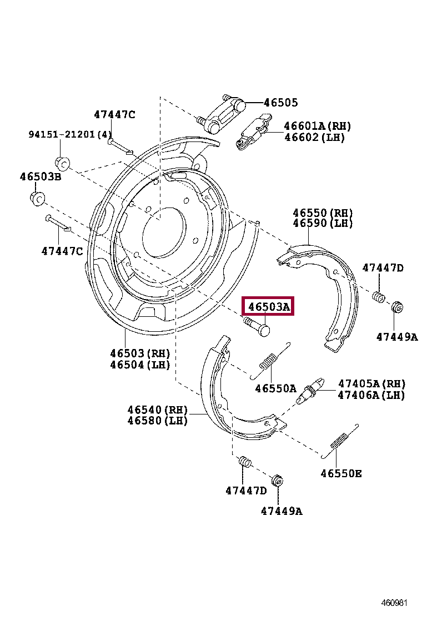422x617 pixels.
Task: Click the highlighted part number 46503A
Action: pos(269,306)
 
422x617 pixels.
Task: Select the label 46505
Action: pos(280,103)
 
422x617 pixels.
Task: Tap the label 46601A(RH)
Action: pos(317,127)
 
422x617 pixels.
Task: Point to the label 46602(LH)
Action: pos(314,138)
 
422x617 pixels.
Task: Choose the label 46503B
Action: pos(41,177)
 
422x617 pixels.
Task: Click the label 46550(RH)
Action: pos(323,213)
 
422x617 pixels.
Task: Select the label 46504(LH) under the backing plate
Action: pos(139,365)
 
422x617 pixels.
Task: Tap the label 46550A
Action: pos(275,388)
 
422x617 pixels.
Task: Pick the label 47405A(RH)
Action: pos(371,384)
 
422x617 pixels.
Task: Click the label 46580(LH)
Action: pos(158,421)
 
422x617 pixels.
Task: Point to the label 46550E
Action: pos(341,473)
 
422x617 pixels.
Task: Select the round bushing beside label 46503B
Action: pos(37,198)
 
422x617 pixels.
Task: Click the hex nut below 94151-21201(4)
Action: pos(62,163)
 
